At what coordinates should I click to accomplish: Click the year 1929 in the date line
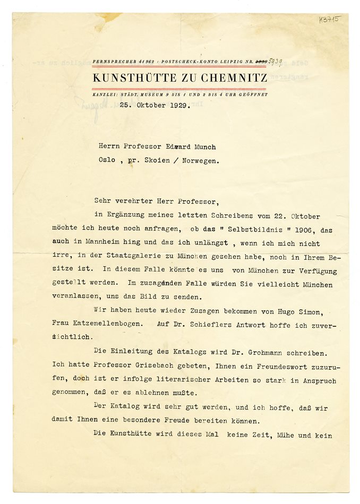[x=180, y=106]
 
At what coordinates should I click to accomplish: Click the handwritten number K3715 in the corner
[x=330, y=20]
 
